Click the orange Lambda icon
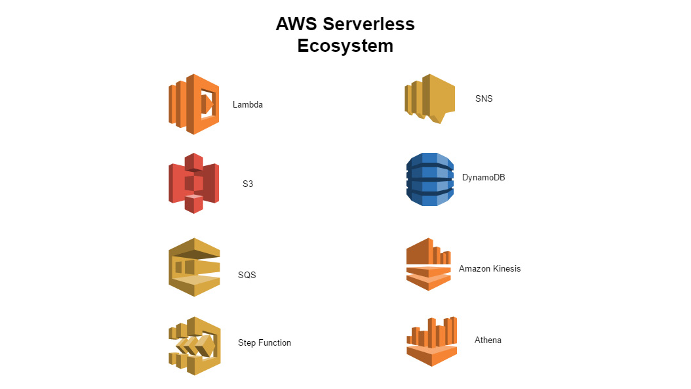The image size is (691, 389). (193, 104)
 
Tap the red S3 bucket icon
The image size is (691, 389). (193, 183)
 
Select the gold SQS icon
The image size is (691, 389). (194, 267)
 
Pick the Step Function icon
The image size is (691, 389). (194, 346)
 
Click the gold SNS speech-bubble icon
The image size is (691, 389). (429, 98)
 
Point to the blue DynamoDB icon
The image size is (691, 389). (430, 179)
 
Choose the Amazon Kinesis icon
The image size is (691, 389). (429, 264)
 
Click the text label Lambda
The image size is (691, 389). (248, 104)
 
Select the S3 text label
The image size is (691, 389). (248, 184)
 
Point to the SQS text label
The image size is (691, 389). (247, 275)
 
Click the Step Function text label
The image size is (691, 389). (264, 343)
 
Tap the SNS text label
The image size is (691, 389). (484, 98)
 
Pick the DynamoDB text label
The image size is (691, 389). (483, 177)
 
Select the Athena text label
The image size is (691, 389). (488, 340)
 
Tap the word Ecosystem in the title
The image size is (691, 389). (345, 46)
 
